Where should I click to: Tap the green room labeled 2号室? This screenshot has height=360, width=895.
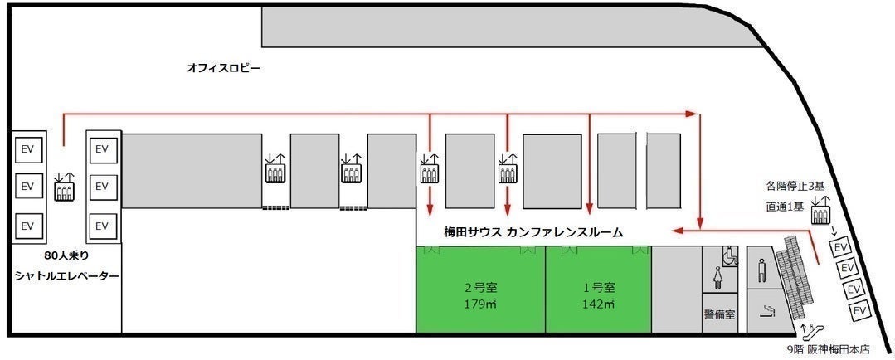[480, 290]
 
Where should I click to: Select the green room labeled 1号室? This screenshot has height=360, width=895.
[597, 290]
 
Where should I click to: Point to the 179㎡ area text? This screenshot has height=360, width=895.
[480, 304]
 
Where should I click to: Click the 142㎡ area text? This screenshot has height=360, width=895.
[597, 304]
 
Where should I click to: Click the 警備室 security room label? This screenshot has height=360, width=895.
[719, 314]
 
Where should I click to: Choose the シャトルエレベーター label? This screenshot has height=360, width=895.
[65, 275]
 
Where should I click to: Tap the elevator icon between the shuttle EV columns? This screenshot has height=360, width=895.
[64, 187]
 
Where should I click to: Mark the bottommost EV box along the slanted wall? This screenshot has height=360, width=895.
[860, 309]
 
